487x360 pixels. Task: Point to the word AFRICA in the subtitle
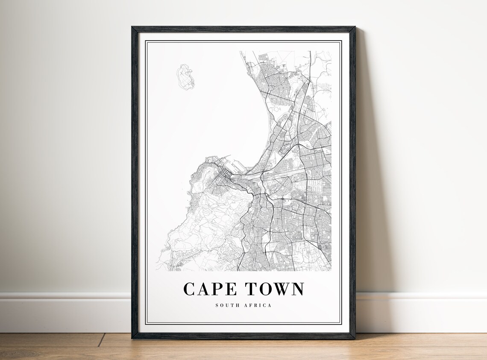click(258, 305)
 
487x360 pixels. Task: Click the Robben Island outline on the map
click(185, 77)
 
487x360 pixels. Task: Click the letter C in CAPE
click(189, 289)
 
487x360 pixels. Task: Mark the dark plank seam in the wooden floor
click(101, 340)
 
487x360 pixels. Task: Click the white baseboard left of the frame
click(64, 312)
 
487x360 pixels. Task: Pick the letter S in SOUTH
click(217, 305)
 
